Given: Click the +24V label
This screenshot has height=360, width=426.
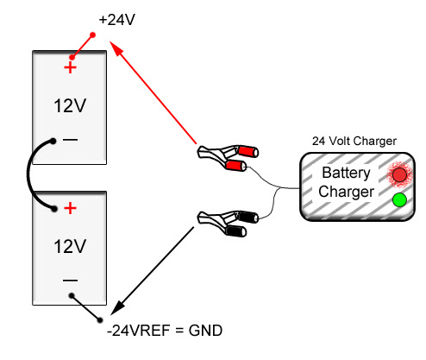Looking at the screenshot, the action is [x=116, y=20].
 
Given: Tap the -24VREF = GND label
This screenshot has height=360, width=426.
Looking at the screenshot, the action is [x=165, y=331].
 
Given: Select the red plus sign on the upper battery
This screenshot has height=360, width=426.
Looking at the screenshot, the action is [x=70, y=68].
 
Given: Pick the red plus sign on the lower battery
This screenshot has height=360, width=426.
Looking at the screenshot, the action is [x=71, y=208].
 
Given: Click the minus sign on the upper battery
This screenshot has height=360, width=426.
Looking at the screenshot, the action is [x=70, y=140].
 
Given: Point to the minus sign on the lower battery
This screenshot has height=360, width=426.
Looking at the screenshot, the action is [x=70, y=280].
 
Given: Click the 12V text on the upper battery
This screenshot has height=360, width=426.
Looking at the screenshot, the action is [x=70, y=106].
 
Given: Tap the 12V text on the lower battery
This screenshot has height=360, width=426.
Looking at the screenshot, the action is [x=70, y=246].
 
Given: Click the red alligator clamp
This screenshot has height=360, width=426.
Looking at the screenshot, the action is [x=228, y=158].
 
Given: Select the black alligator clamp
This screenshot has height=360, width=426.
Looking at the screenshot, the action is [x=228, y=224].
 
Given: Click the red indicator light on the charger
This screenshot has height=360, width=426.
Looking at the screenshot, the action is [x=399, y=175].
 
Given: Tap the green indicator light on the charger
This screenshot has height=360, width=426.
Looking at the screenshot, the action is [x=399, y=200].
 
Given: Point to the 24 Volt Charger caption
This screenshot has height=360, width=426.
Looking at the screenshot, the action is [x=354, y=141].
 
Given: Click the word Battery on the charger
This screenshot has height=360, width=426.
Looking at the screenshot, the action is [x=346, y=173].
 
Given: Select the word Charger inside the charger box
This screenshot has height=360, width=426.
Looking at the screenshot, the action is [x=346, y=192].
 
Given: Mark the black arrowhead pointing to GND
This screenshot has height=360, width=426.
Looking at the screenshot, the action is [x=117, y=307].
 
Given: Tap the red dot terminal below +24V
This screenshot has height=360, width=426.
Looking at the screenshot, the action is [x=92, y=35].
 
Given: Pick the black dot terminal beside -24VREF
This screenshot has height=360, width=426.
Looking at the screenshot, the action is [x=100, y=320].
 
